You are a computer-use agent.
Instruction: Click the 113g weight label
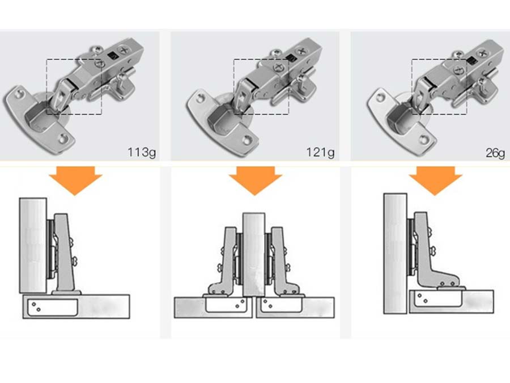pyautogui.click(x=141, y=152)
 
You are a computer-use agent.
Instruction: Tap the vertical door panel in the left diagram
pyautogui.click(x=33, y=245)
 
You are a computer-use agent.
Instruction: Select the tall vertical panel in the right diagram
pyautogui.click(x=395, y=252)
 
